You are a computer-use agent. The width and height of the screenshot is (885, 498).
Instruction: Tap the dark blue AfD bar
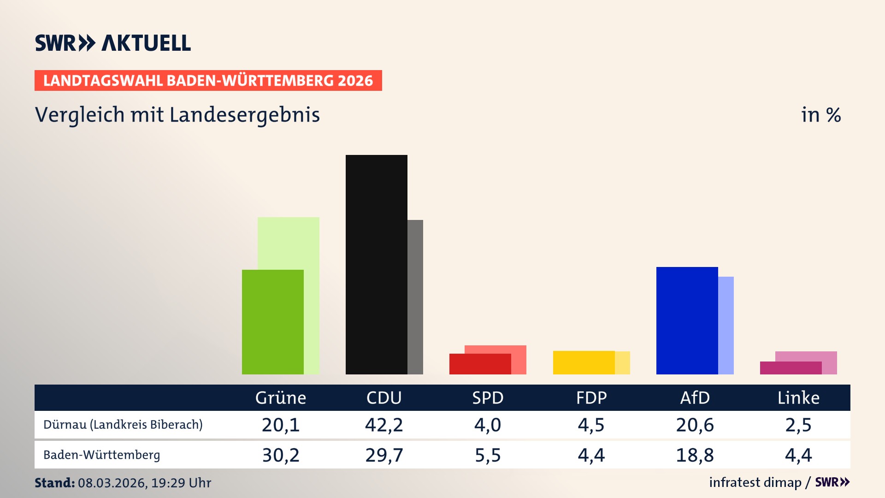click(x=687, y=320)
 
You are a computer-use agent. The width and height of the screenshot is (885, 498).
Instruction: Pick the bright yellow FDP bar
click(x=584, y=362)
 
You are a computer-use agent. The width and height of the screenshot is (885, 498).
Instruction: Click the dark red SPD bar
click(x=480, y=364)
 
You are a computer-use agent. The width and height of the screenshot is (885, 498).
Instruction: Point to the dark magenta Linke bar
click(x=791, y=368)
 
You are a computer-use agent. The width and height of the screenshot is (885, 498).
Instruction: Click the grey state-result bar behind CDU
click(x=415, y=297)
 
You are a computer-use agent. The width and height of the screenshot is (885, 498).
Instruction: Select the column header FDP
click(x=591, y=397)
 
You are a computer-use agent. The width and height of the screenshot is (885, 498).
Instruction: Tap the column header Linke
click(x=798, y=397)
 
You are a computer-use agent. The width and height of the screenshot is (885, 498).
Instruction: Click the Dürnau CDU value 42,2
click(x=384, y=425)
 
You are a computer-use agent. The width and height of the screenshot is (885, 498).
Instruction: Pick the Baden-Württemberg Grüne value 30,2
click(x=281, y=455)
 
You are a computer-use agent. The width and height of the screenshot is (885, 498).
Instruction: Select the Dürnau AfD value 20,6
click(x=695, y=425)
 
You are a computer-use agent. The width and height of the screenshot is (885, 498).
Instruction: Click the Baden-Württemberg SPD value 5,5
click(x=488, y=455)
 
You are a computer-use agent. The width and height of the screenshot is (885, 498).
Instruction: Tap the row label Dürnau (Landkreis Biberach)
click(x=123, y=425)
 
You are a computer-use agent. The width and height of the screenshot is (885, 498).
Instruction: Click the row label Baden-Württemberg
click(x=102, y=455)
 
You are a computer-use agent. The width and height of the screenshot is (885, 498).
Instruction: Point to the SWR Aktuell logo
click(x=113, y=43)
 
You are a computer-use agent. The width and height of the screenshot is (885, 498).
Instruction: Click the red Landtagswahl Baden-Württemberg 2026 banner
click(x=208, y=80)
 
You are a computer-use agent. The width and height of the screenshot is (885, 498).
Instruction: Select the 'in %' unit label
click(x=820, y=115)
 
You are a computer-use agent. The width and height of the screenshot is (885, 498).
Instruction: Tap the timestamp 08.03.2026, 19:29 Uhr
click(x=144, y=483)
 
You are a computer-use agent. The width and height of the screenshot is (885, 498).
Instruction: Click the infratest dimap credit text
click(x=755, y=482)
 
